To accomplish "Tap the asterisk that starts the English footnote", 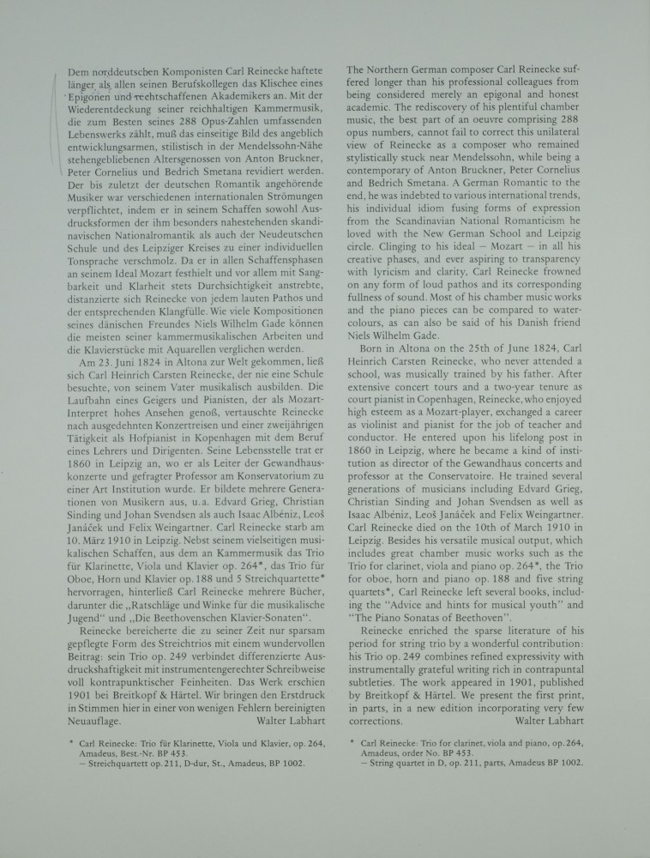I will point(352,739).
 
